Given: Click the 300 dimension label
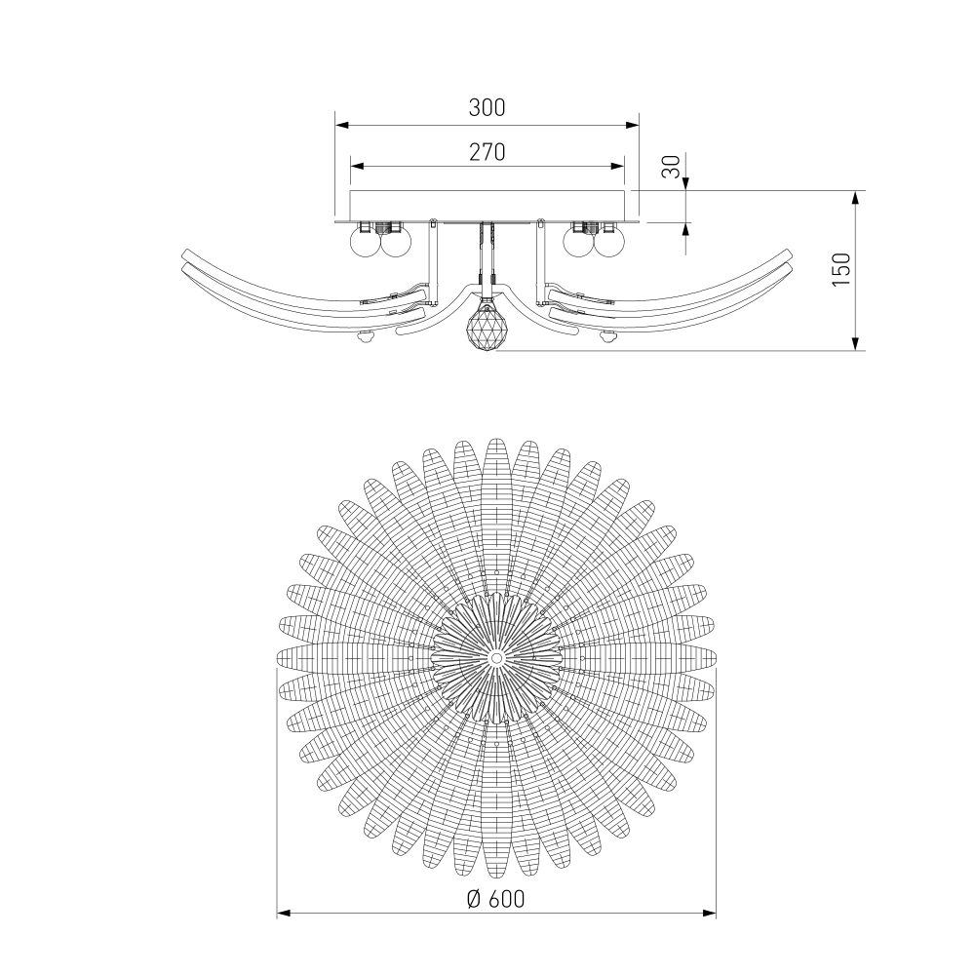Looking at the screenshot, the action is pos(487,107).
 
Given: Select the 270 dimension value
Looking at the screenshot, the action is pos(487,152).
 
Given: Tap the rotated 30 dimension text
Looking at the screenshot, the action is pos(672,167).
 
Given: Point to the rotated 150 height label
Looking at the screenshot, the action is pos(840,269).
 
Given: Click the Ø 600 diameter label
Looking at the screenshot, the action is pos(495,899).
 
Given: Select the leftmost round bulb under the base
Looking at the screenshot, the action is pos(366,243).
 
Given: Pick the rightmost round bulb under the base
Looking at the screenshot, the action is pos(610,243).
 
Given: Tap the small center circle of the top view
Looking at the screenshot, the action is pos(496,657).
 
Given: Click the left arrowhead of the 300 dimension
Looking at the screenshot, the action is pos(341,125).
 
